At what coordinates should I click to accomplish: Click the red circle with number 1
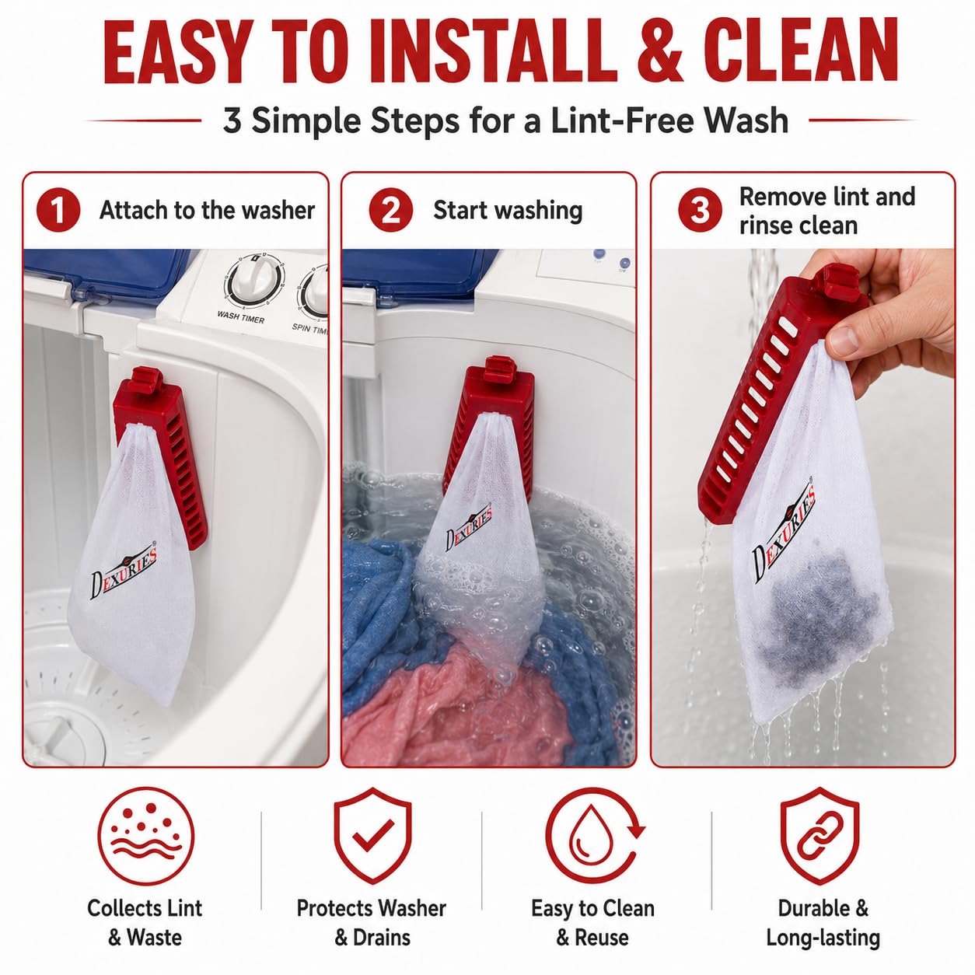coord(58,210)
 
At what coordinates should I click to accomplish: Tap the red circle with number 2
coord(390,210)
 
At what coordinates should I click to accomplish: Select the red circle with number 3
coord(701,210)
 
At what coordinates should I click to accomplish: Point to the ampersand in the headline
coord(661,51)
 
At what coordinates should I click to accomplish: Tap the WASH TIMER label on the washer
coord(240,316)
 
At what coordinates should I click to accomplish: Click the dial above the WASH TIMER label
coord(254,281)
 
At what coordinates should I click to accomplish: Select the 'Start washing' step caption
coord(508,211)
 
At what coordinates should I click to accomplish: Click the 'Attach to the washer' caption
coord(207,210)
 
